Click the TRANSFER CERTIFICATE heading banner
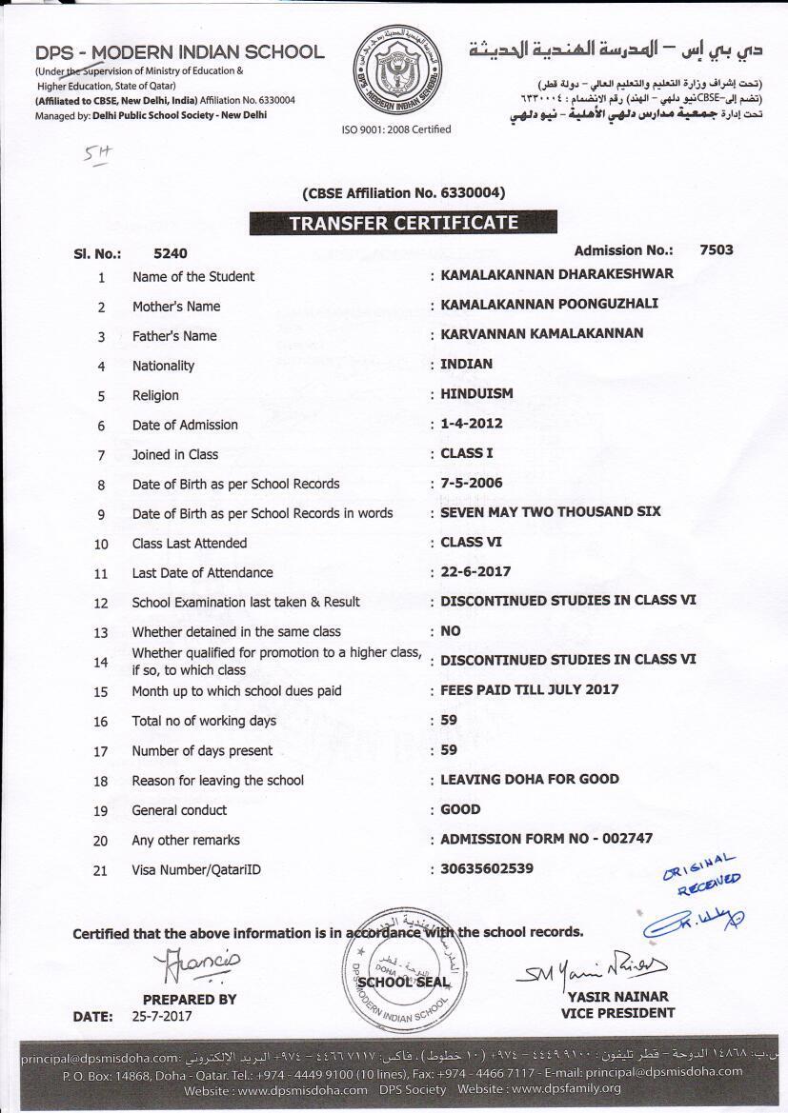[404, 223]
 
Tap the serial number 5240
[171, 253]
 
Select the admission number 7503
[716, 249]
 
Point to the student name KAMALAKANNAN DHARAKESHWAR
[556, 274]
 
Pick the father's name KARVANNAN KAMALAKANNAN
[541, 333]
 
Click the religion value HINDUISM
[476, 393]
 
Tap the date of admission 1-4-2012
[471, 423]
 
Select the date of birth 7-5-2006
[471, 483]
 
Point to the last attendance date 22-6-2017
[475, 571]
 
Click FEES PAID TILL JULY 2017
[529, 689]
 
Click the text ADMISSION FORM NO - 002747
[547, 839]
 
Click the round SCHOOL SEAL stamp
[395, 981]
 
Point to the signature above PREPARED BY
[197, 965]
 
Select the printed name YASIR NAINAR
[616, 997]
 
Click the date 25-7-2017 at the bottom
[162, 1016]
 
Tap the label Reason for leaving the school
[217, 780]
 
